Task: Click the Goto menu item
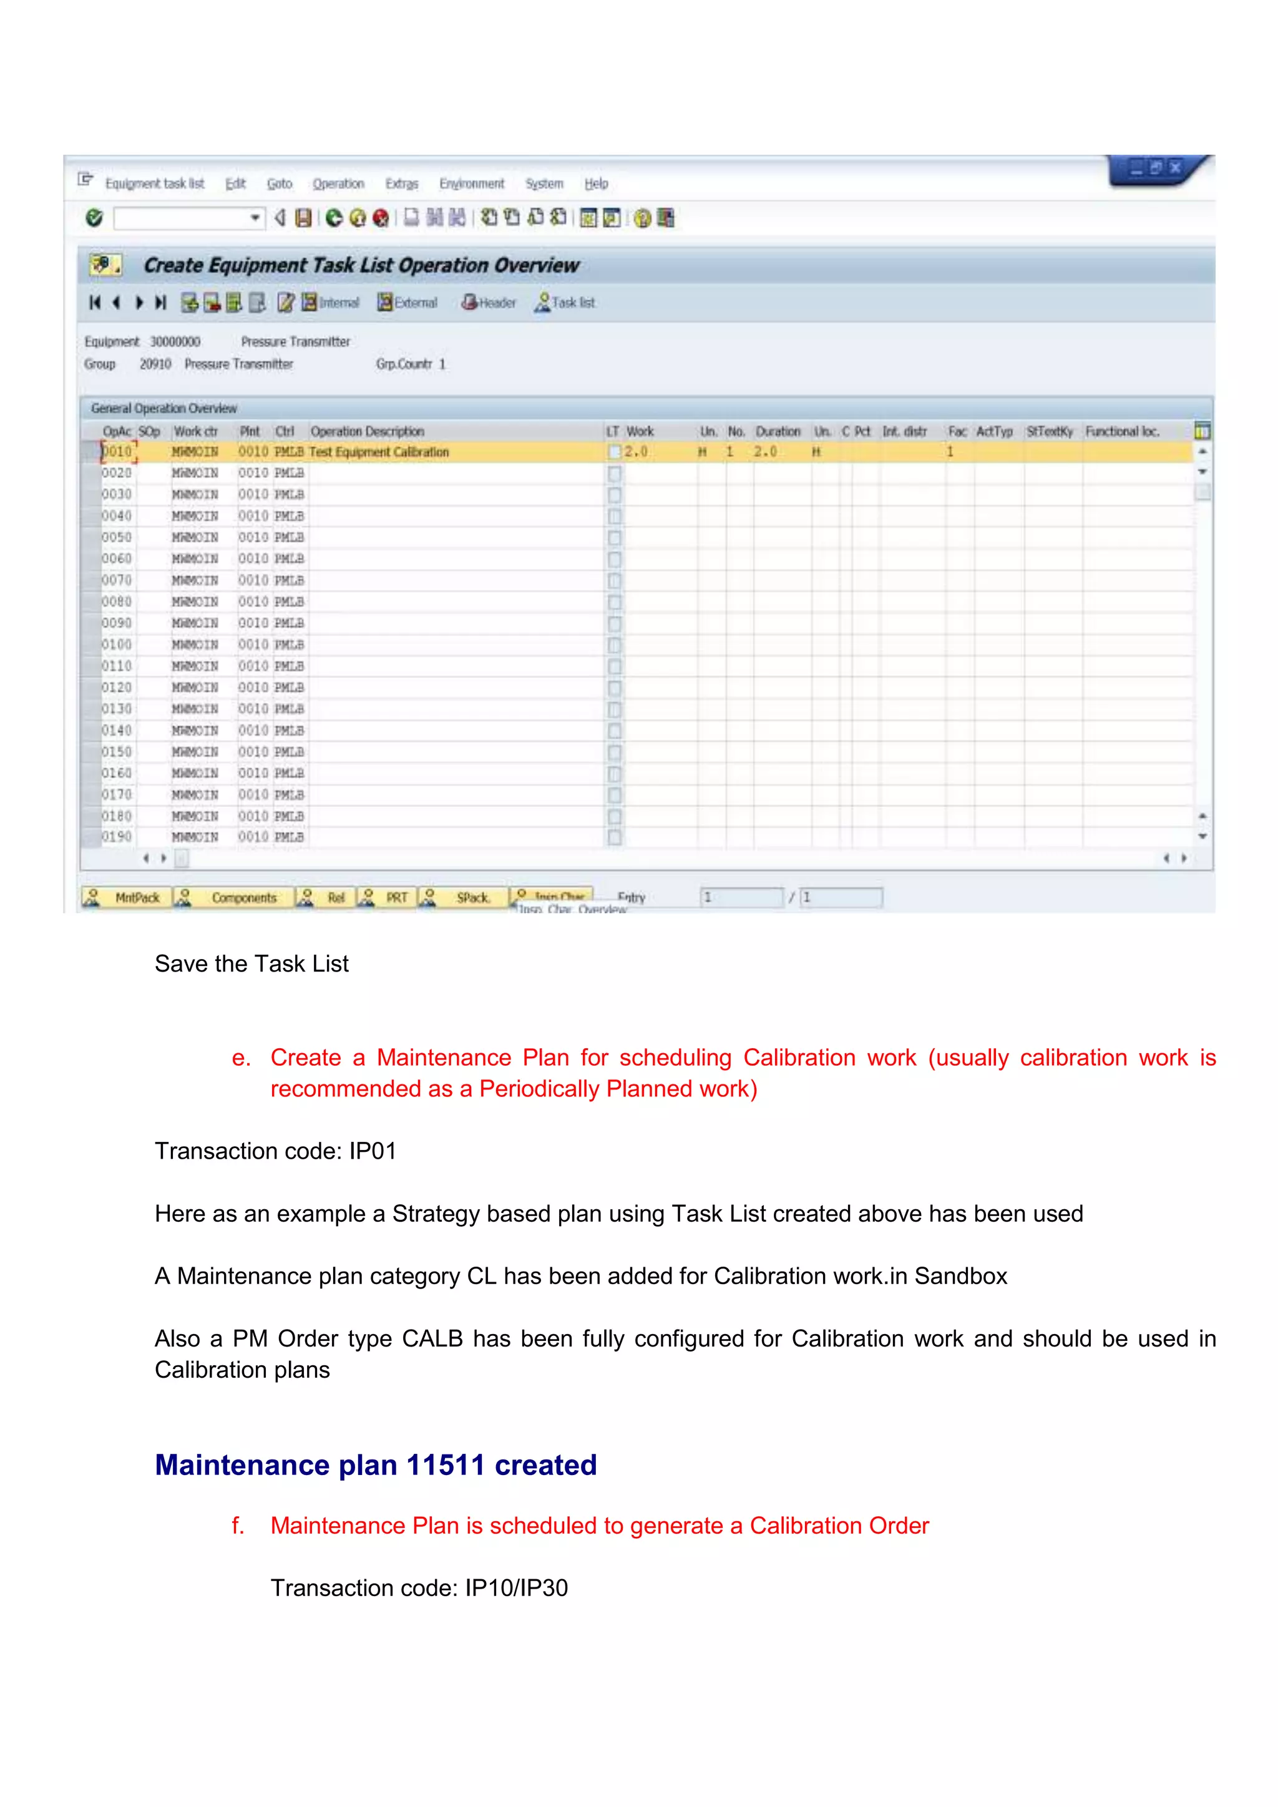point(280,184)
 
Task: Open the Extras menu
point(401,184)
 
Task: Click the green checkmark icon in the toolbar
point(94,218)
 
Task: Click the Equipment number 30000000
point(175,341)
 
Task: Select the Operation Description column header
point(367,431)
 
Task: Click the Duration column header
point(778,431)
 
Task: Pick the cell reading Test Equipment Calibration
point(379,452)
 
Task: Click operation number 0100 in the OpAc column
point(117,645)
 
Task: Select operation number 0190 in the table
point(117,837)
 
